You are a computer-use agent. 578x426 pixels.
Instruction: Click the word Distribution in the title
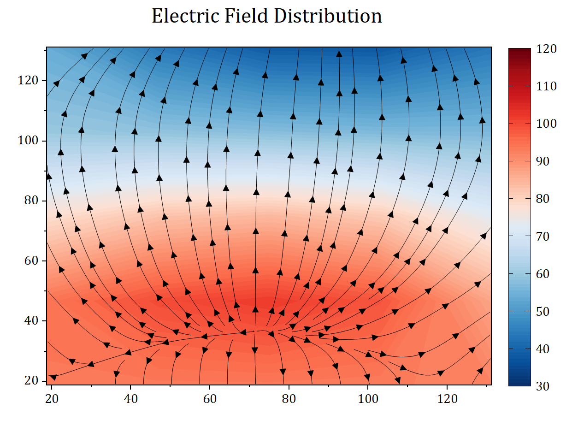(328, 17)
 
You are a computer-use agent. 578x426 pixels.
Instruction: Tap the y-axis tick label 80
(29, 201)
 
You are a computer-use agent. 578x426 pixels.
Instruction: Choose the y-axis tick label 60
(29, 260)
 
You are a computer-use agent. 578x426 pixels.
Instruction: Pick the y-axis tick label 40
(29, 320)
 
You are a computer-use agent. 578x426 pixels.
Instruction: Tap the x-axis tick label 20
(52, 398)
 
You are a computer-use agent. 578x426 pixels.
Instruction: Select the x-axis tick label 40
(130, 398)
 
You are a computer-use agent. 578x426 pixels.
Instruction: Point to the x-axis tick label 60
(210, 398)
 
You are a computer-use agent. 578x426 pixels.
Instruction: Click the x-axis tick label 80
(289, 398)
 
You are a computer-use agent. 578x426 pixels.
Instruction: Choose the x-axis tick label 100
(368, 398)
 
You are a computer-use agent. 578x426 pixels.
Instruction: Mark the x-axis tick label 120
(447, 398)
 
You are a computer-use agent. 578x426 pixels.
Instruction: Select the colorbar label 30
(544, 386)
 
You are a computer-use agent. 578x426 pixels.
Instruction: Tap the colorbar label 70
(544, 237)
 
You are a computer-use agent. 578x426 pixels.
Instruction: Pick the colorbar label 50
(544, 312)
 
